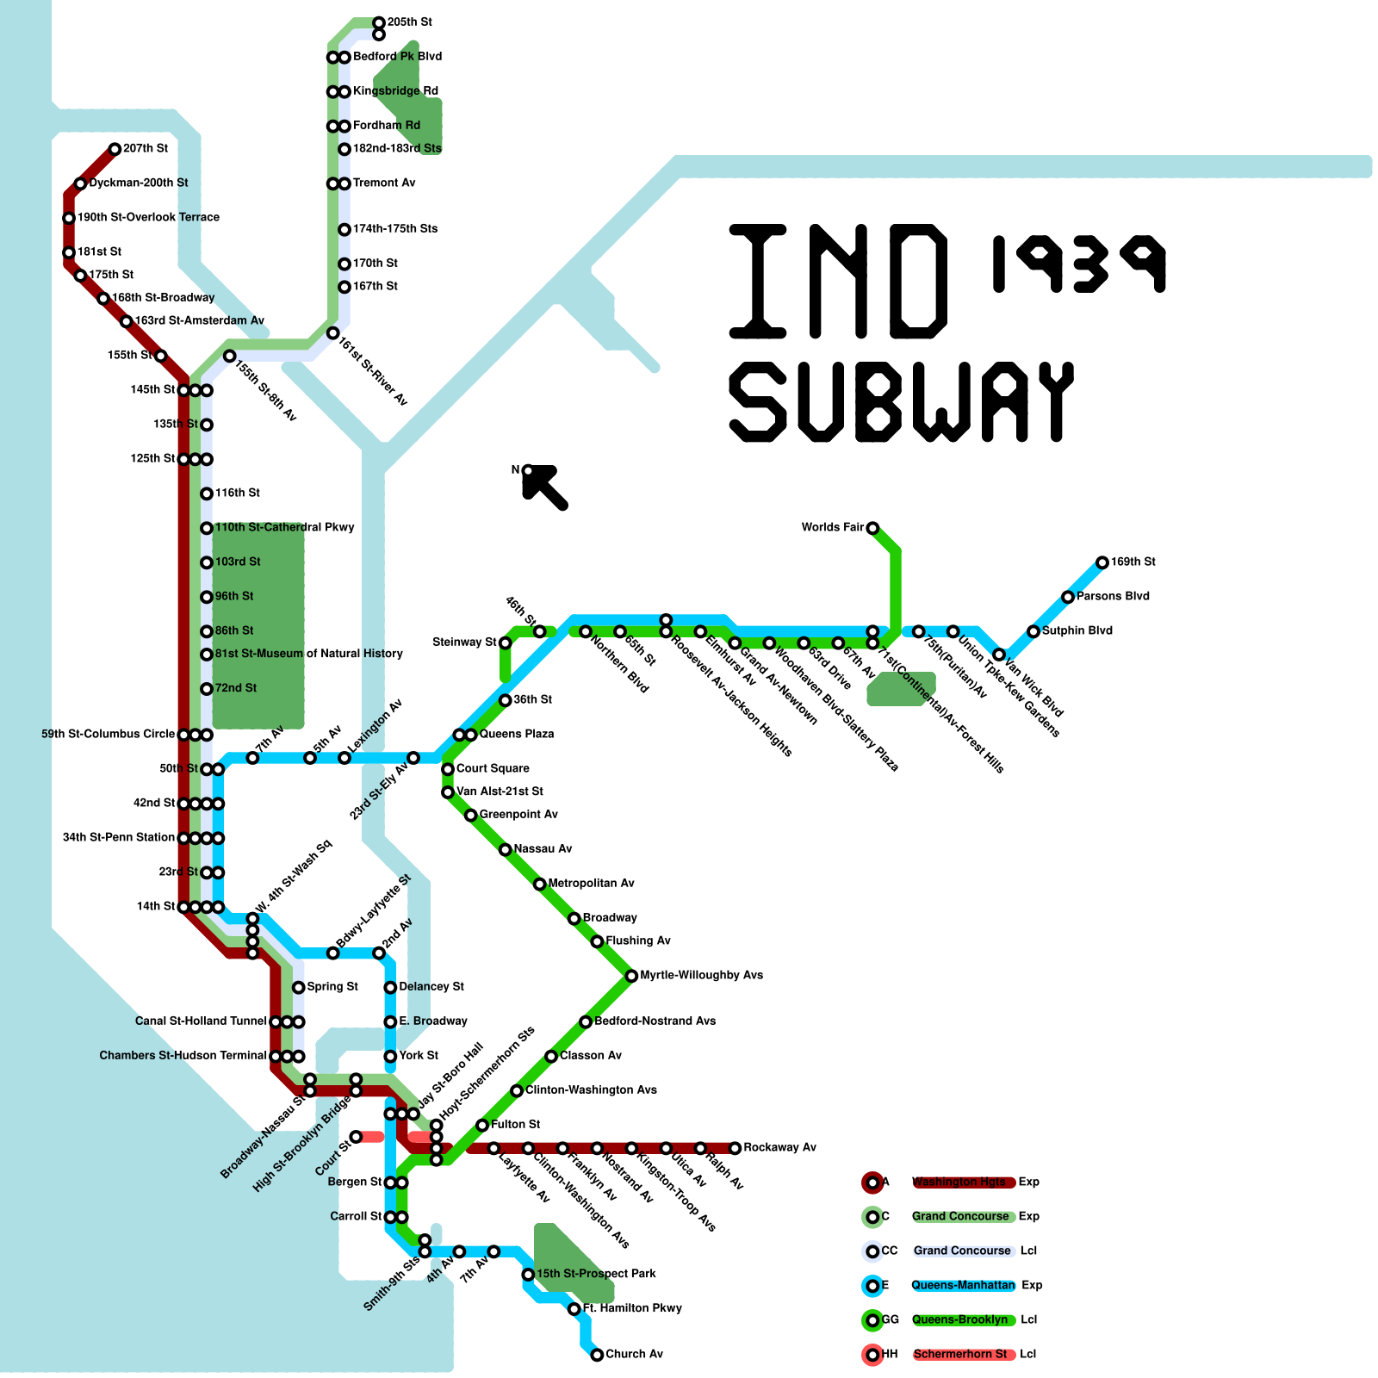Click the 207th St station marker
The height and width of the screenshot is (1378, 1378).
(x=115, y=149)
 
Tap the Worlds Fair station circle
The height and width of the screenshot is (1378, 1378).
(x=872, y=528)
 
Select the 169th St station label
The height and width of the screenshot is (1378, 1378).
(x=1133, y=562)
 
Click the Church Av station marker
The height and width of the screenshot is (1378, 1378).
(x=597, y=1355)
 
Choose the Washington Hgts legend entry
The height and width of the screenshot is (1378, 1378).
(x=959, y=1182)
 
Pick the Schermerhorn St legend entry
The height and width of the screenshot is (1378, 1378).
(x=959, y=1355)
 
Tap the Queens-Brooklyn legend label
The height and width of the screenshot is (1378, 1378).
(x=959, y=1320)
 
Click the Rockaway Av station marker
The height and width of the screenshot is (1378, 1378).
(x=735, y=1148)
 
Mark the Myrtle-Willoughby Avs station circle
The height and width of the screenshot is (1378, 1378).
(x=631, y=976)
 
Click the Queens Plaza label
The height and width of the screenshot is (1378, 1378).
(x=517, y=735)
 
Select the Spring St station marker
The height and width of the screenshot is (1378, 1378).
(x=299, y=987)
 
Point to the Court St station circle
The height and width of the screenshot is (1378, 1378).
(x=356, y=1137)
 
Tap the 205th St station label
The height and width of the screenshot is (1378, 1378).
(x=410, y=22)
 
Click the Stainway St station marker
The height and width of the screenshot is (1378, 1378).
(x=506, y=642)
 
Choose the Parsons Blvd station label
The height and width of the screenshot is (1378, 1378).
(x=1113, y=597)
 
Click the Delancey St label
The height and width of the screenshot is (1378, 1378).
(x=431, y=987)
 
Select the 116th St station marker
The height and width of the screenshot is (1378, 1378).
(x=207, y=493)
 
